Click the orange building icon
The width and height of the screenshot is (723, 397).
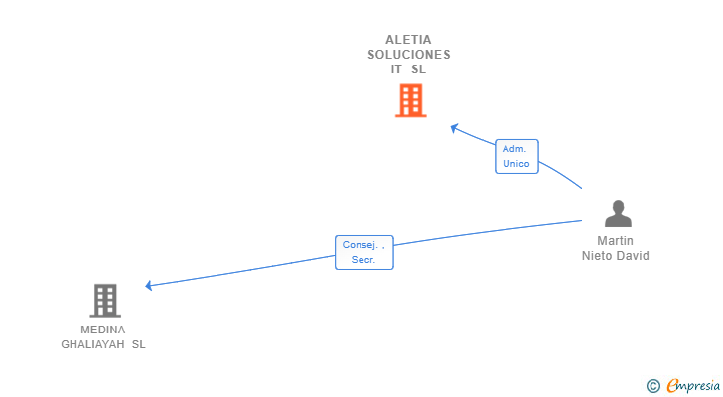coord(410,100)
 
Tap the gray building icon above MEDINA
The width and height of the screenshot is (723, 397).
coord(104,300)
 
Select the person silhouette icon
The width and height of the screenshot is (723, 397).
coord(618,214)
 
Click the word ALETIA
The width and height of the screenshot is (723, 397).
coord(409,40)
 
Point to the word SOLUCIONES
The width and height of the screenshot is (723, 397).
coord(409,55)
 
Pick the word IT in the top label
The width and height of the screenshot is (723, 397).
coord(397,69)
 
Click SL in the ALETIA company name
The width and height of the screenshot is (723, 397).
coord(419,69)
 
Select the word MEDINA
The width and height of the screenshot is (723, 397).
coord(103,330)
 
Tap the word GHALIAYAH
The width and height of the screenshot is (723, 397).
coord(92,344)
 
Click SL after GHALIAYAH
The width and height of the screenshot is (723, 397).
coord(138,344)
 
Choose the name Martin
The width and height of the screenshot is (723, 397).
coord(616,241)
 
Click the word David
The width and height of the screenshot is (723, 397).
coord(633,256)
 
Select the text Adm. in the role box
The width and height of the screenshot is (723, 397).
coord(514,149)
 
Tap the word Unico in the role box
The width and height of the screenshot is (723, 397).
coord(516,164)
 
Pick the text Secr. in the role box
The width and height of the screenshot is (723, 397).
coord(362,260)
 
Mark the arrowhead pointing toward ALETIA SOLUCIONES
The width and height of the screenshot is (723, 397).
coord(454,127)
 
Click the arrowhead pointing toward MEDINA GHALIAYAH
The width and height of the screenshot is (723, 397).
coord(149,286)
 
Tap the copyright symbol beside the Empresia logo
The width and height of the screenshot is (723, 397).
coord(652,386)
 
